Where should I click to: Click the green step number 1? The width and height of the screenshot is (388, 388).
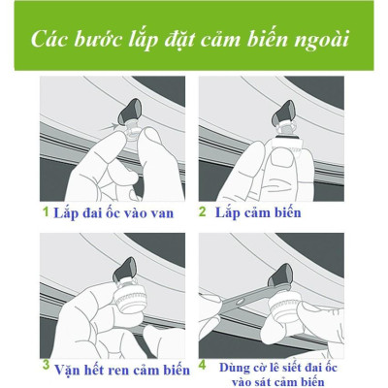pos(43,211)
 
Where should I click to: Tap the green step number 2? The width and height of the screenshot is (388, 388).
pos(203,211)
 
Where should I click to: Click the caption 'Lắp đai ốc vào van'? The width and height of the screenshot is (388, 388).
pos(112,212)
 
